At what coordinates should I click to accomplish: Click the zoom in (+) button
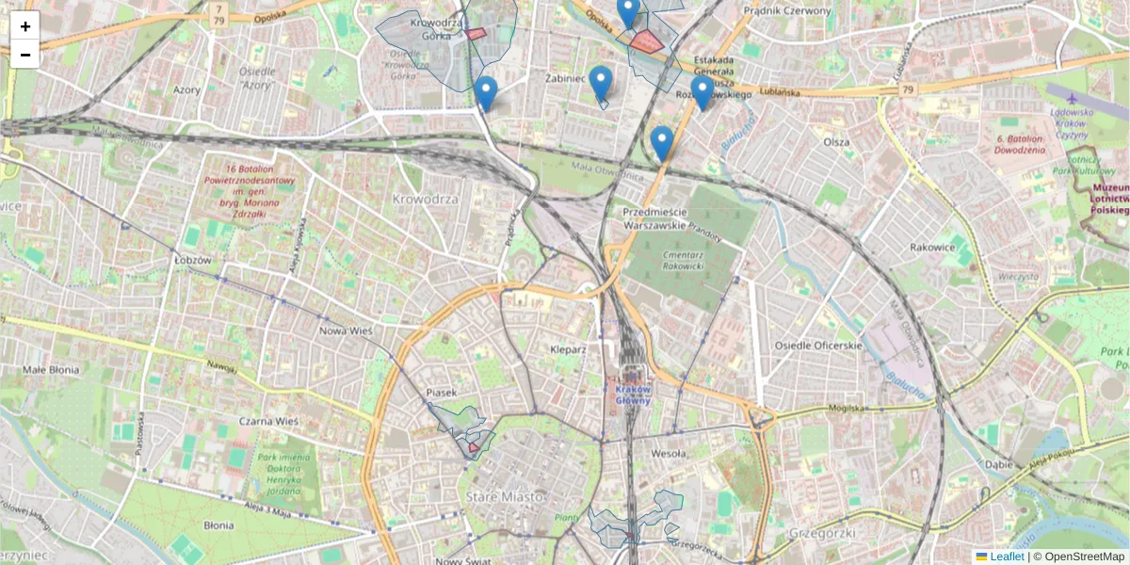[25, 26]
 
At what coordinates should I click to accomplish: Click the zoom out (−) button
[25, 55]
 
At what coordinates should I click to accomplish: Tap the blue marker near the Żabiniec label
[601, 83]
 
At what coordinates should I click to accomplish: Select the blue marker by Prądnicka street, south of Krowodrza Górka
[486, 93]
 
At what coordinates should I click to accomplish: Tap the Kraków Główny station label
[633, 394]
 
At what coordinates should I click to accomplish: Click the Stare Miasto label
[506, 496]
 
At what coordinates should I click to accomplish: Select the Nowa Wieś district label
[347, 331]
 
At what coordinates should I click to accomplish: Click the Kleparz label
[568, 349]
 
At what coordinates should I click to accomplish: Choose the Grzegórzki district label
[824, 533]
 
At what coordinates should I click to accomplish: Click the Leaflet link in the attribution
[1006, 557]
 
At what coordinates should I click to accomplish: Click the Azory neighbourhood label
[186, 90]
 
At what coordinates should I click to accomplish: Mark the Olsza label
[836, 142]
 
